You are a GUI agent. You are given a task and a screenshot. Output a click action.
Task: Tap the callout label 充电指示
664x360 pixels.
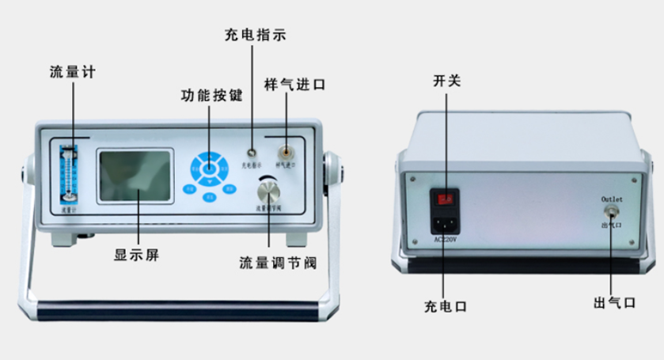point(255,35)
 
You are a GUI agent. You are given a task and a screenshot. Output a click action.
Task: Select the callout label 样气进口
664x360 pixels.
point(294,84)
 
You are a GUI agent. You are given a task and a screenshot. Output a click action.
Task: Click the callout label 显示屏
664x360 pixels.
point(137,256)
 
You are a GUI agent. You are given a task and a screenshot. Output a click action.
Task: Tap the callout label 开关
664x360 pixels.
point(446,81)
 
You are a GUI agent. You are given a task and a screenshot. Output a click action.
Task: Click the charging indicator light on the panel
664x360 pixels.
point(251,152)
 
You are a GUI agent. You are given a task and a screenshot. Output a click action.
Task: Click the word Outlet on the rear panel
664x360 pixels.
point(613,197)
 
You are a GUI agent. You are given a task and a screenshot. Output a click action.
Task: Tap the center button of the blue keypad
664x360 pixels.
point(209,168)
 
